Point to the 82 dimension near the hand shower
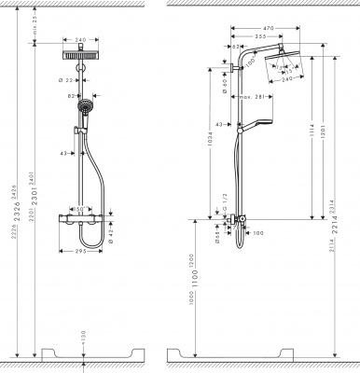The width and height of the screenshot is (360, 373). [70, 97]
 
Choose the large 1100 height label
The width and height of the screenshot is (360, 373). [196, 276]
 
